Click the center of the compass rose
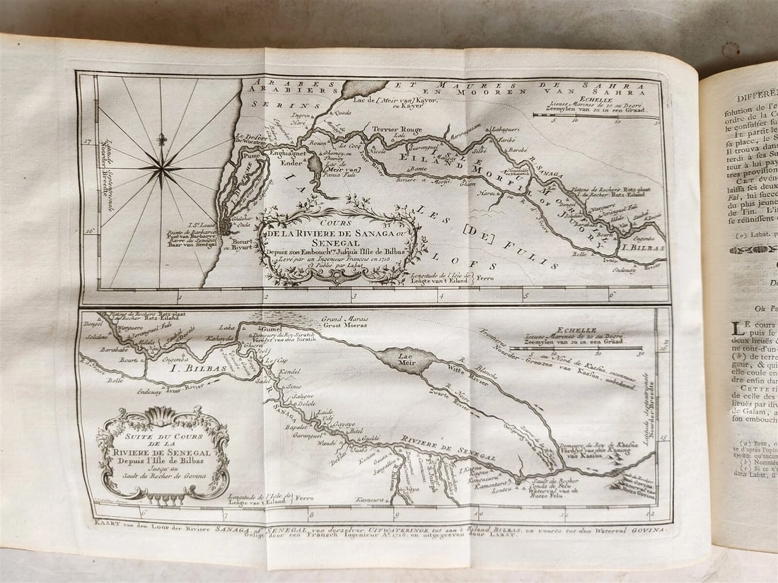point(161,167)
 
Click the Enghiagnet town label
point(283,152)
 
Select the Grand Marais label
point(344,319)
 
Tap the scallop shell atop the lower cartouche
point(163,413)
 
